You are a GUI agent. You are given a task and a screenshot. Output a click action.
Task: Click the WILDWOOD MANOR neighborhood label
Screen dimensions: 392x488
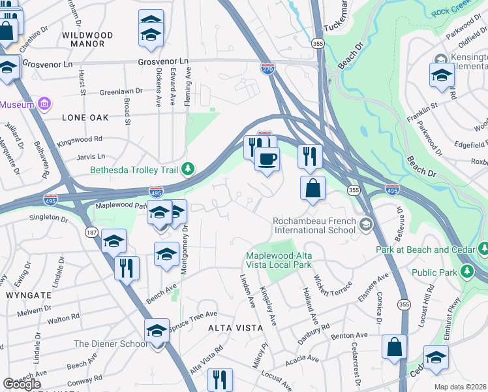(x=87, y=39)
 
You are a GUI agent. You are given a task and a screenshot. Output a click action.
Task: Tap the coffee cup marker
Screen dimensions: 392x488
(x=266, y=159)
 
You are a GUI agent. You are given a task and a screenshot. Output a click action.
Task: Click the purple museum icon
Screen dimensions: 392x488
(x=44, y=105)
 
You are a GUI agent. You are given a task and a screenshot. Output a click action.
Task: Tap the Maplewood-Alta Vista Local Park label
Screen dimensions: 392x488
(x=279, y=260)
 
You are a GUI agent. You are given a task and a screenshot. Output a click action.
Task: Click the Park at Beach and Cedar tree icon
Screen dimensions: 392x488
(x=484, y=249)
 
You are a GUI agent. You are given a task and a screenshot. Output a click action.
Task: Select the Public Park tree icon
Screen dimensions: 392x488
(x=466, y=270)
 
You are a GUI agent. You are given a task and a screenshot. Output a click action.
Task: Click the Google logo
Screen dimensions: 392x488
(x=21, y=384)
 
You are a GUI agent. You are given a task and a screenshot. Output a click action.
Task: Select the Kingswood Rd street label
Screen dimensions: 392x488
(x=80, y=139)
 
